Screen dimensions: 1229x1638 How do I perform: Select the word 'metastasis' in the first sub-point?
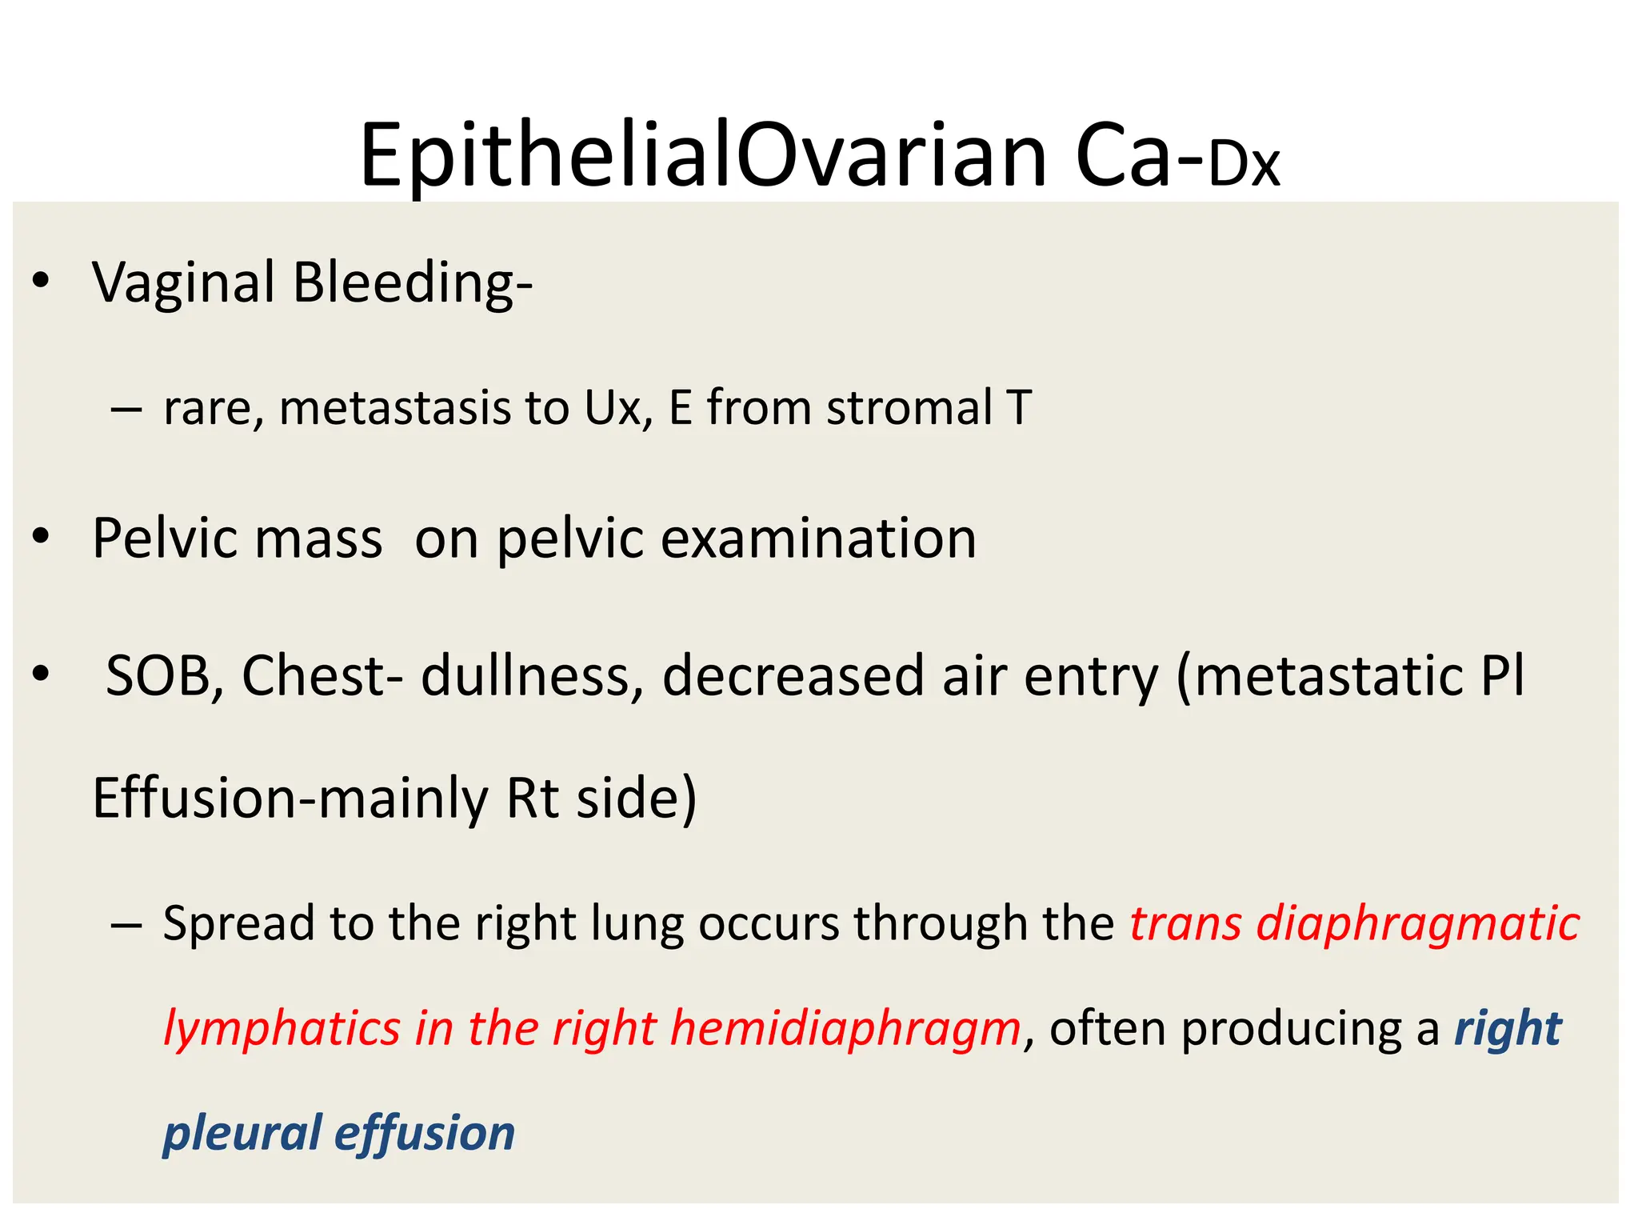click(x=395, y=408)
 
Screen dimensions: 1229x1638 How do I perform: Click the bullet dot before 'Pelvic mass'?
click(x=41, y=537)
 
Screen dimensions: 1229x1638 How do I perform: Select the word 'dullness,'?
click(x=533, y=676)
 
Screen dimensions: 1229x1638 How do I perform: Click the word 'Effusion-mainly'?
click(x=290, y=799)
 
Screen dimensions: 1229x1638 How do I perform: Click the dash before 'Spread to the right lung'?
click(x=126, y=925)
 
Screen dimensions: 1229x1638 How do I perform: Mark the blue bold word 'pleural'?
click(x=242, y=1135)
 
